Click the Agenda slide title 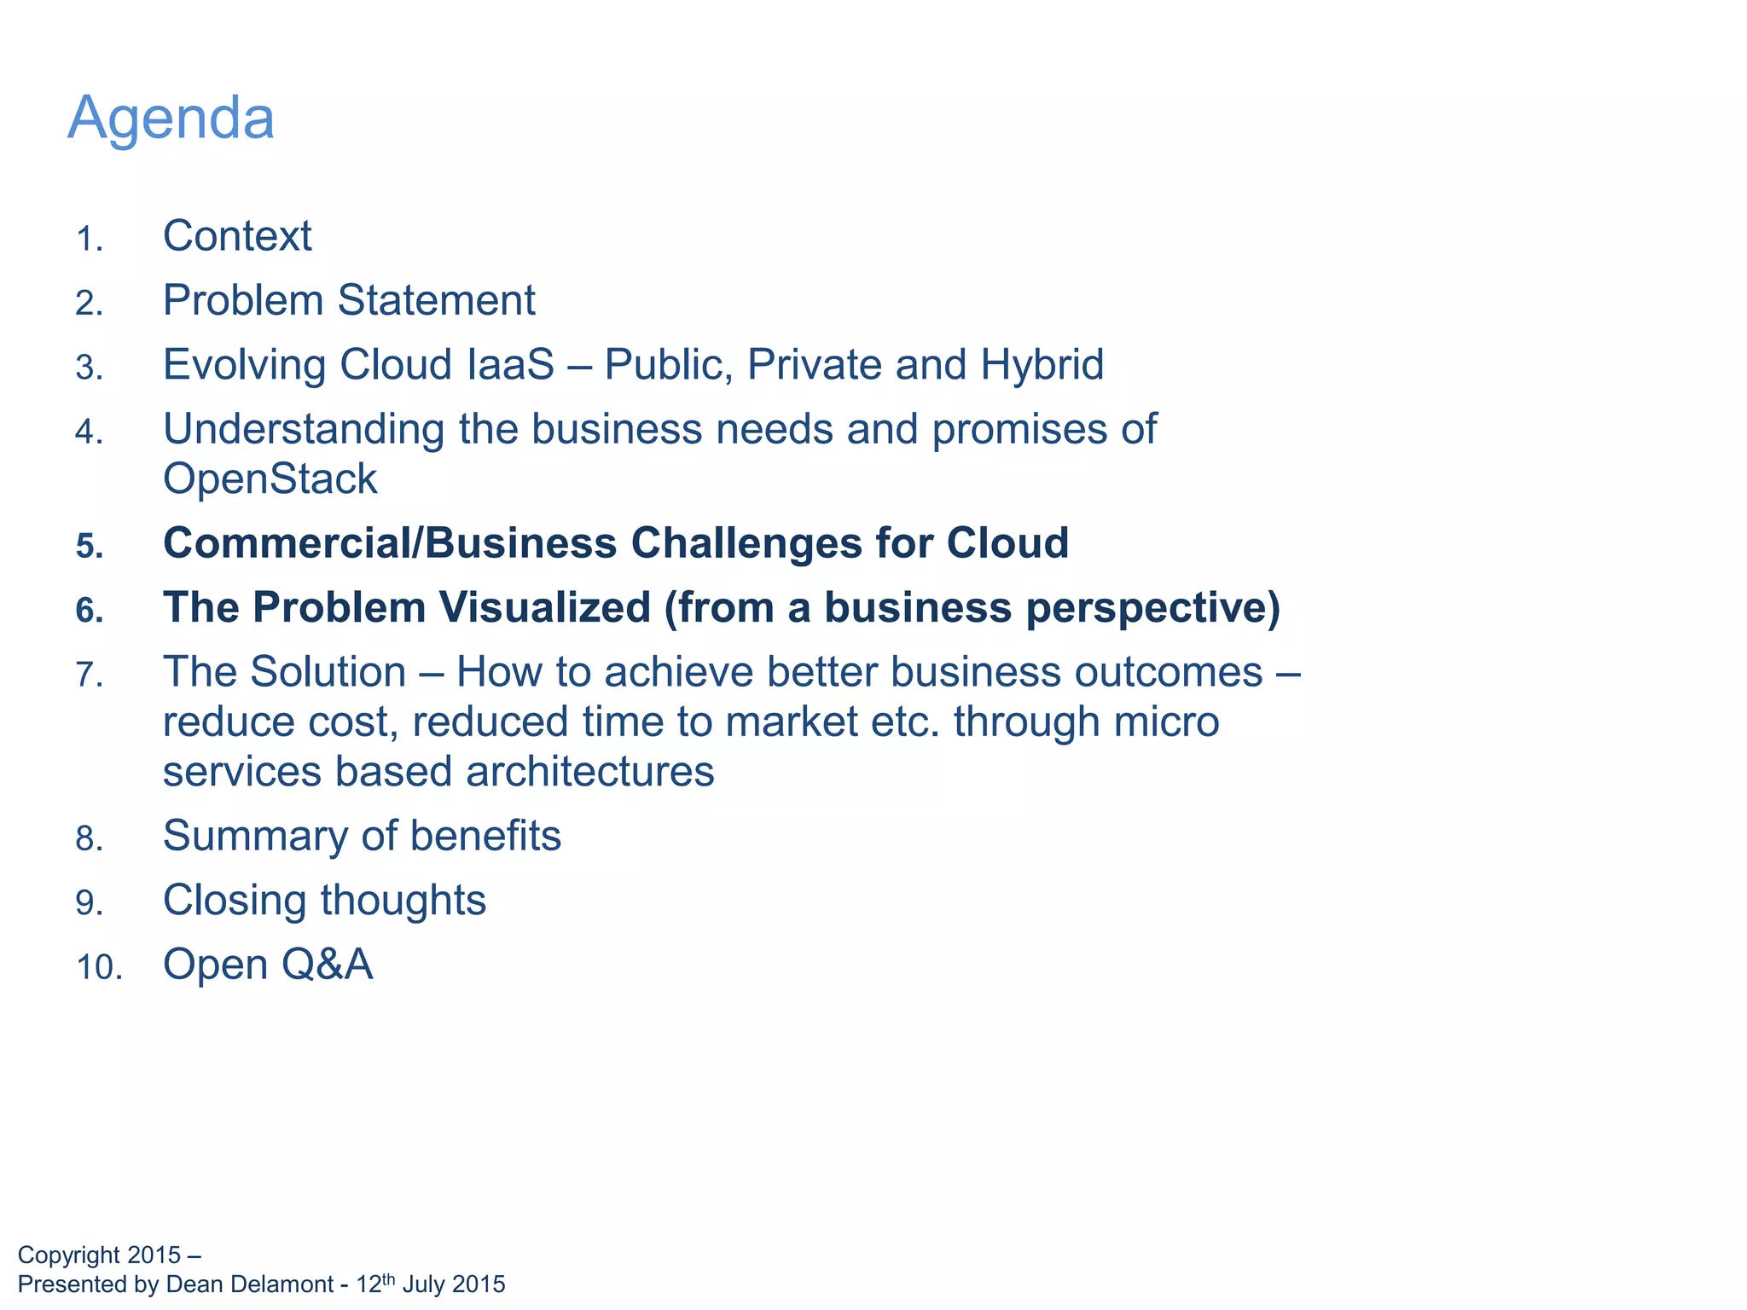pos(171,118)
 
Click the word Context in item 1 pos(237,236)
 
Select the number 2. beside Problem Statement pos(89,304)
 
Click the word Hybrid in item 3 pos(1042,365)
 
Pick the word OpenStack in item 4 pos(270,479)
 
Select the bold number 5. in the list pos(89,547)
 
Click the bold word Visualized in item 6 pos(545,608)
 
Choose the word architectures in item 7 pos(589,772)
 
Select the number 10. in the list pos(99,968)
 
